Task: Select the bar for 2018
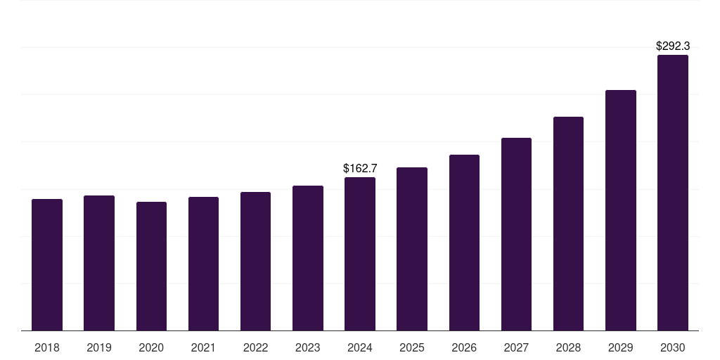47,265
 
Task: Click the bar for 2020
151,266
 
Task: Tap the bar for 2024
360,254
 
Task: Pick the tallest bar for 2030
672,193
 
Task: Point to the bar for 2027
516,234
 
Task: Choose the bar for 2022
255,262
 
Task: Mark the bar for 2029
620,210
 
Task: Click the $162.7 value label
360,169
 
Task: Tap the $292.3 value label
672,46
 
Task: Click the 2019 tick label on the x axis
99,347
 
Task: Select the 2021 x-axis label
203,347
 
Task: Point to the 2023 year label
307,347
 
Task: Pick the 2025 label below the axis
412,347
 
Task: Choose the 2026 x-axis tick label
464,347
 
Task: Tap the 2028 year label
568,347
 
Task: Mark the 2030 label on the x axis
672,347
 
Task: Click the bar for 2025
412,249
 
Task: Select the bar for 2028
568,224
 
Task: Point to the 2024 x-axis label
360,347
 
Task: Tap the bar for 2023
307,258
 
